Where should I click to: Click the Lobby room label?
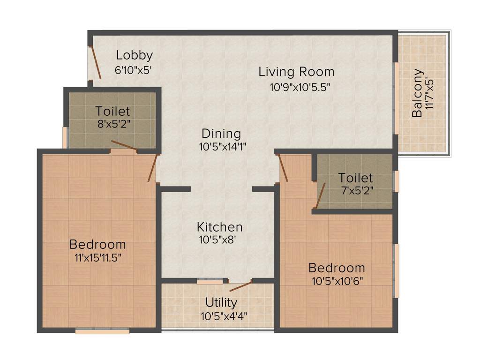click(x=134, y=55)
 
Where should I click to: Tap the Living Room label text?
click(x=296, y=72)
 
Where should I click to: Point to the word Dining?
click(x=221, y=134)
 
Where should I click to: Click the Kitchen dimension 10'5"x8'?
click(x=214, y=240)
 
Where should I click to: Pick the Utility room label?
click(x=221, y=302)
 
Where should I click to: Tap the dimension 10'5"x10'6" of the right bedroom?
click(x=337, y=281)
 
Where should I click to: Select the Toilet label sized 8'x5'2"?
click(x=112, y=112)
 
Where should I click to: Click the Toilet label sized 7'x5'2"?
click(x=356, y=178)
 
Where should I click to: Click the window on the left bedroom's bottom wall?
click(x=102, y=331)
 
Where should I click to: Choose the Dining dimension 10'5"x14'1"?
click(x=223, y=147)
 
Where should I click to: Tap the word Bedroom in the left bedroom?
click(x=97, y=244)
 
